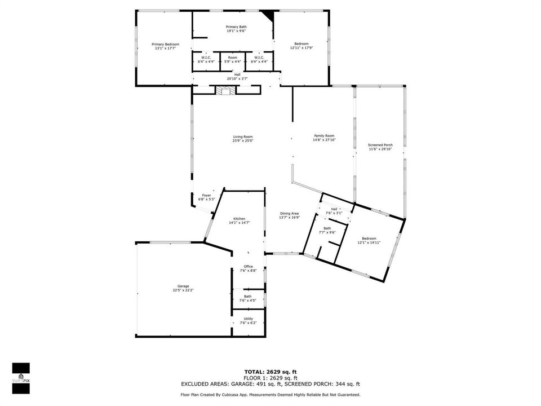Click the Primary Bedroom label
165,44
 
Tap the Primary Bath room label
236,27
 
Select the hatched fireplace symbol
226,90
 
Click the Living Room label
242,136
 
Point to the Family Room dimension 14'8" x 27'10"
325,140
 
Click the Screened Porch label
380,145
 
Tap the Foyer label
206,196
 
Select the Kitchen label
240,219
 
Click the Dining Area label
289,213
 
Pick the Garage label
183,286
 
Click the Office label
249,267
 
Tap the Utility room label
249,319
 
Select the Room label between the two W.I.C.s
233,58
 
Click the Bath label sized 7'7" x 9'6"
327,228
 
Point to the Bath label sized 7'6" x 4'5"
248,297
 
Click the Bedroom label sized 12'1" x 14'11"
369,239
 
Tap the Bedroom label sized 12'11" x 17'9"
301,44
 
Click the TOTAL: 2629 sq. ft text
270,372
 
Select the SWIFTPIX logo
21,378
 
